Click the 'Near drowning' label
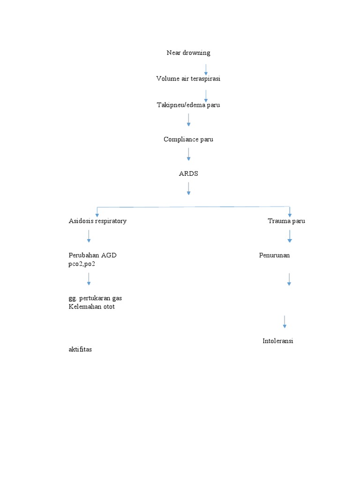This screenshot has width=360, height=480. (188, 53)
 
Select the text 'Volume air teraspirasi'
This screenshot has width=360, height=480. (188, 79)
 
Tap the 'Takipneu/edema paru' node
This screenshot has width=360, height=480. (188, 105)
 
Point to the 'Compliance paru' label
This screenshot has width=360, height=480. (188, 140)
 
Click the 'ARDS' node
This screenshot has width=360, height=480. (188, 174)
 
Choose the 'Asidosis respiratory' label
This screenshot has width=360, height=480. (97, 221)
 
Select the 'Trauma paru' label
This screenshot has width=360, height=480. (286, 221)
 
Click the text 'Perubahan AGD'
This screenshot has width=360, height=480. (92, 255)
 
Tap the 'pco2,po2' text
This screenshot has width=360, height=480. (82, 264)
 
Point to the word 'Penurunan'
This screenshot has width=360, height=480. (274, 255)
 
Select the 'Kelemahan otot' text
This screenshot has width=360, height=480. (91, 307)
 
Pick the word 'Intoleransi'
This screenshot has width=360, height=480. (278, 341)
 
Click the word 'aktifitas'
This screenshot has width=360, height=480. (80, 349)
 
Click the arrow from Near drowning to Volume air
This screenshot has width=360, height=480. (206, 70)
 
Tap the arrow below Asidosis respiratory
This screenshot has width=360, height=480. (89, 236)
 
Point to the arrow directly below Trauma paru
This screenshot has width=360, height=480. (290, 236)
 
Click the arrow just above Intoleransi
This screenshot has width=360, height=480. (285, 322)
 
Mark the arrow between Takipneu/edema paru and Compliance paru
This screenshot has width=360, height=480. (188, 120)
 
